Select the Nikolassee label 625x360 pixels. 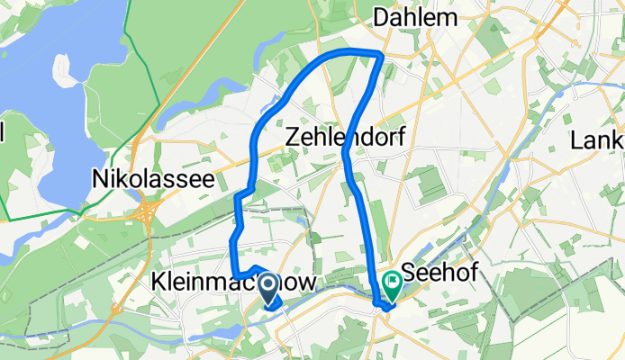click(153, 178)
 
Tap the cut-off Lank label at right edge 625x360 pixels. click(598, 140)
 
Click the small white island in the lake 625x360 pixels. click(64, 68)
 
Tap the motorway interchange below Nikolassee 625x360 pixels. click(146, 214)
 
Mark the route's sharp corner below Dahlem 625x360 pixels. click(382, 56)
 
